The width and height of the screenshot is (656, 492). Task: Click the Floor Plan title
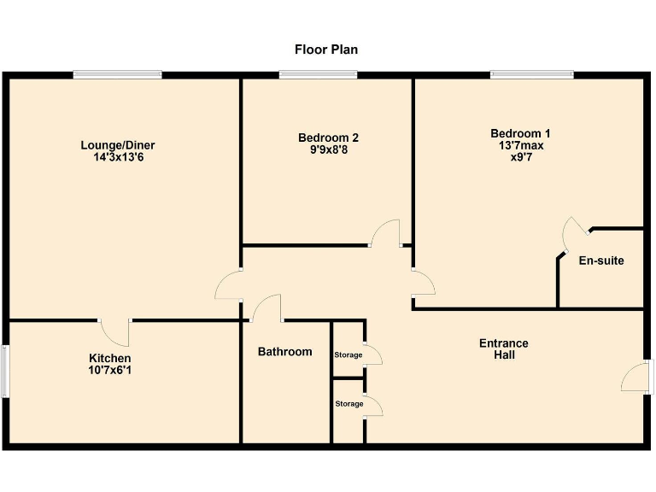326,50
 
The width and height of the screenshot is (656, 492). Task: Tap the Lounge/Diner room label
118,145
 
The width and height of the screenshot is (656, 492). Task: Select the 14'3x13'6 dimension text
118,157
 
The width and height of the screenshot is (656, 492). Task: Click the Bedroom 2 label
328,138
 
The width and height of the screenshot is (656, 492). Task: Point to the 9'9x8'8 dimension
328,149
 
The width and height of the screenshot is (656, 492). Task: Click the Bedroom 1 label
520,133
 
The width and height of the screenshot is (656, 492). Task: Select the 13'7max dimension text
520,145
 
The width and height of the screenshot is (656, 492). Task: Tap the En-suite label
600,261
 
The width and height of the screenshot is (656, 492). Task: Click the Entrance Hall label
503,348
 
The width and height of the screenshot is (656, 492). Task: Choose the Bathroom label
285,352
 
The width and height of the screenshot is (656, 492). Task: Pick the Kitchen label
110,358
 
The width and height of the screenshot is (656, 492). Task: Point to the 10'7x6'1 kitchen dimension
110,370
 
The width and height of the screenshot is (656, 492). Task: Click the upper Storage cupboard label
348,355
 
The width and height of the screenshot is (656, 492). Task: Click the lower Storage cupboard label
348,404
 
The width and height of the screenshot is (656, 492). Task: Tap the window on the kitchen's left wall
5,371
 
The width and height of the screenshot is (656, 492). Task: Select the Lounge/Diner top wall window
117,75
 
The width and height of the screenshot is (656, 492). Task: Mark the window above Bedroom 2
318,75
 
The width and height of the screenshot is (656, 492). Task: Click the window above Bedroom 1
531,75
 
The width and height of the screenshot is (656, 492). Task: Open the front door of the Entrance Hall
637,376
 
